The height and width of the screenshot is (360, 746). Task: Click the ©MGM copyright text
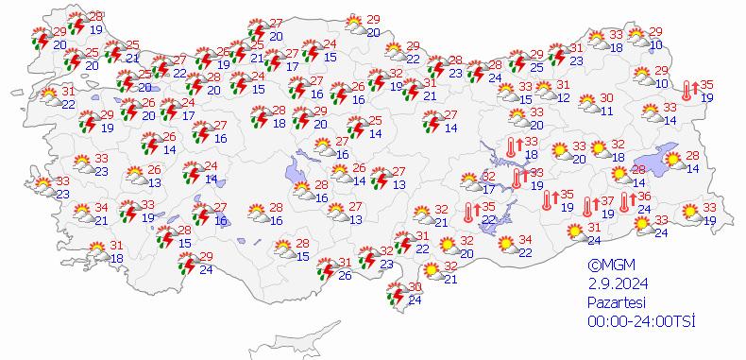608,266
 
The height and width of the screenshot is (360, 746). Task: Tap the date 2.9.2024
613,283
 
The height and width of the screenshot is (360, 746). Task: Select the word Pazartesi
614,302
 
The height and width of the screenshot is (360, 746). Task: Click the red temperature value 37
608,199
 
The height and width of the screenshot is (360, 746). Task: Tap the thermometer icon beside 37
589,205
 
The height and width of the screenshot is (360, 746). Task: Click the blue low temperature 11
607,111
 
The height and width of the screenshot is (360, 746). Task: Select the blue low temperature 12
564,97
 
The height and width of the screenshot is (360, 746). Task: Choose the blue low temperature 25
537,67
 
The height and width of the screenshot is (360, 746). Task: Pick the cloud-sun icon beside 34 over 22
506,245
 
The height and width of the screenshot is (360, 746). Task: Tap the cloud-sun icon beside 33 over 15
506,93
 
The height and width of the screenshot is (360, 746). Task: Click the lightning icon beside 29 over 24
186,263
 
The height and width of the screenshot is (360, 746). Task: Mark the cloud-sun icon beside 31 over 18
98,251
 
